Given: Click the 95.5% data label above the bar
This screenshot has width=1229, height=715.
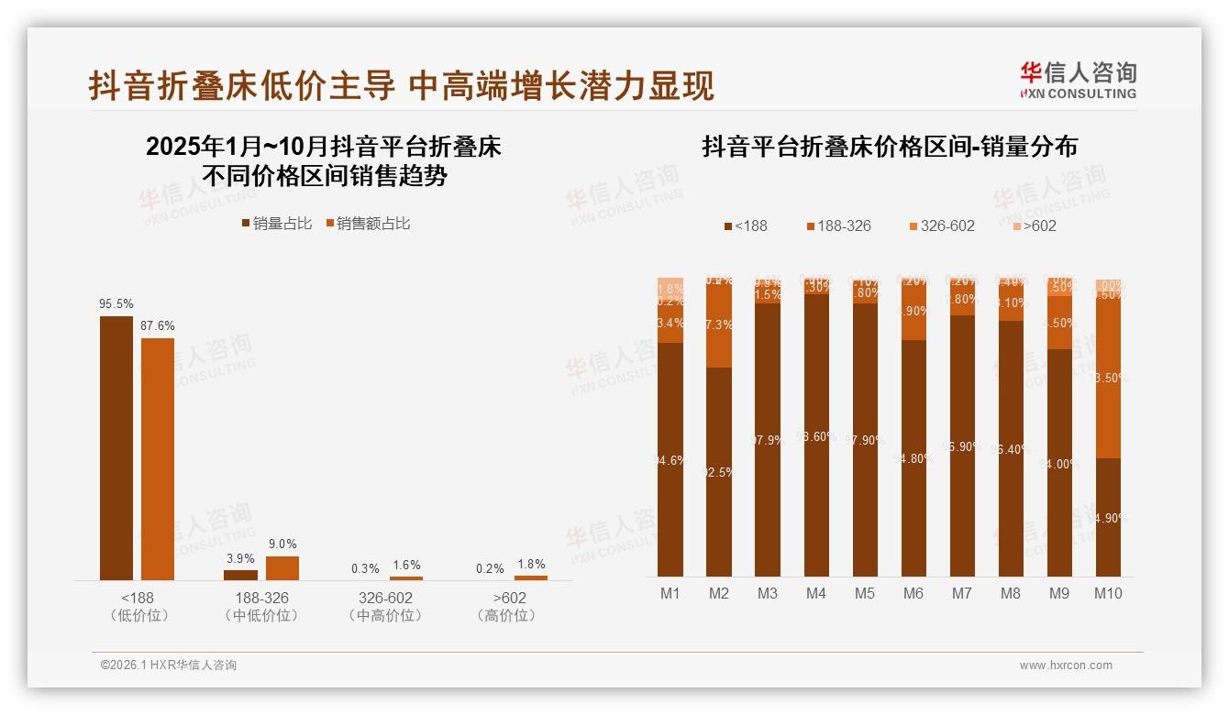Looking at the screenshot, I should click(116, 303).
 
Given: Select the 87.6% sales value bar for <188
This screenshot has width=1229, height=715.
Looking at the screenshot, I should click(158, 458).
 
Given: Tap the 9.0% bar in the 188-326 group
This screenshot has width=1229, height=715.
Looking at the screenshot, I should click(282, 568).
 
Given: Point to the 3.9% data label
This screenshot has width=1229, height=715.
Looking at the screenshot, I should click(240, 558).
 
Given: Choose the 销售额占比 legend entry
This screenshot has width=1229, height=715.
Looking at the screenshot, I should click(368, 224).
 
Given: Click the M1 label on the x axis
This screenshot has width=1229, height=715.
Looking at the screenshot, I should click(670, 593).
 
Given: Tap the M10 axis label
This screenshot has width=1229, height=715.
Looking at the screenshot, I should click(1108, 593).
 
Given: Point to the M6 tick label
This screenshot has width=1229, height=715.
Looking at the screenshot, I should click(913, 593).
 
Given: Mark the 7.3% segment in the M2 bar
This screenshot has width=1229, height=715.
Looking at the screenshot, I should click(719, 325).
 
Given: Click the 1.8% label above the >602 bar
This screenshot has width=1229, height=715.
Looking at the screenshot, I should click(531, 564).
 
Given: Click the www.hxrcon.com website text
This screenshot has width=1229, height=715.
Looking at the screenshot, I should click(1066, 665).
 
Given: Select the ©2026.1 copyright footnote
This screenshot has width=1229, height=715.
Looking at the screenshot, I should click(169, 665).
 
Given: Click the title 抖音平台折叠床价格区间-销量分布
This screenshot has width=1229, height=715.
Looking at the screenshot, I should click(890, 147).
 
